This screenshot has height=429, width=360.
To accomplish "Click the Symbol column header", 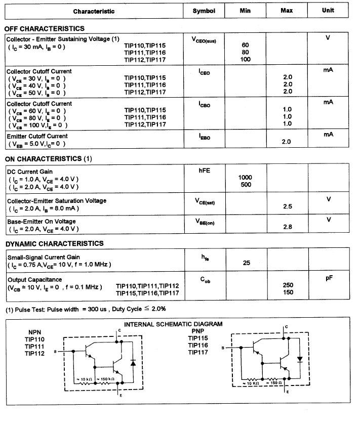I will tap(204, 11).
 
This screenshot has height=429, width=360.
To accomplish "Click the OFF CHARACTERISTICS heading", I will tap(44, 29).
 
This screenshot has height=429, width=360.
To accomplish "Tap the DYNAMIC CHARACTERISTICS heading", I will tap(54, 243).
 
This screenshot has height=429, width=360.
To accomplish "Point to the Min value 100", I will tap(246, 60).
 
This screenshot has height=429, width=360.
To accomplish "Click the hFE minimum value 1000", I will tap(246, 178).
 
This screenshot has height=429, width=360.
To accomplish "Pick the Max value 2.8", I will tap(288, 227).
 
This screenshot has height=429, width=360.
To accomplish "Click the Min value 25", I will tap(246, 263).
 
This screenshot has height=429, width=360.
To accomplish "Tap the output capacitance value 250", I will tap(288, 285).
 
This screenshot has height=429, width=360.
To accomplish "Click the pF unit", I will tap(328, 278).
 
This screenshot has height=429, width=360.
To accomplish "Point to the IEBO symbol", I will tap(205, 137).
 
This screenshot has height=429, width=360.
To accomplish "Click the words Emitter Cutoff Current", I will tap(37, 136).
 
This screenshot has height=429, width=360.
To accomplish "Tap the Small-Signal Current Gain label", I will tap(44, 257).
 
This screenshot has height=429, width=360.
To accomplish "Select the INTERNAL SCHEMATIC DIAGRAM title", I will tap(173, 324).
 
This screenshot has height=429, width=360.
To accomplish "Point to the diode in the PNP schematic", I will tap(300, 359).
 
